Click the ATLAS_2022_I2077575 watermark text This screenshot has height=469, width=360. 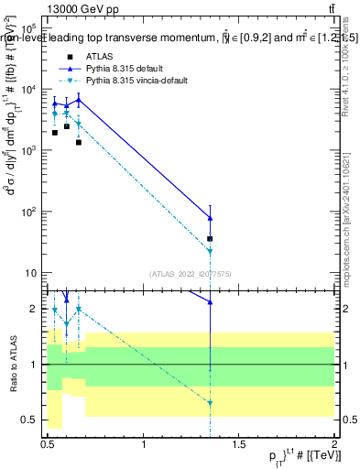(191, 273)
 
